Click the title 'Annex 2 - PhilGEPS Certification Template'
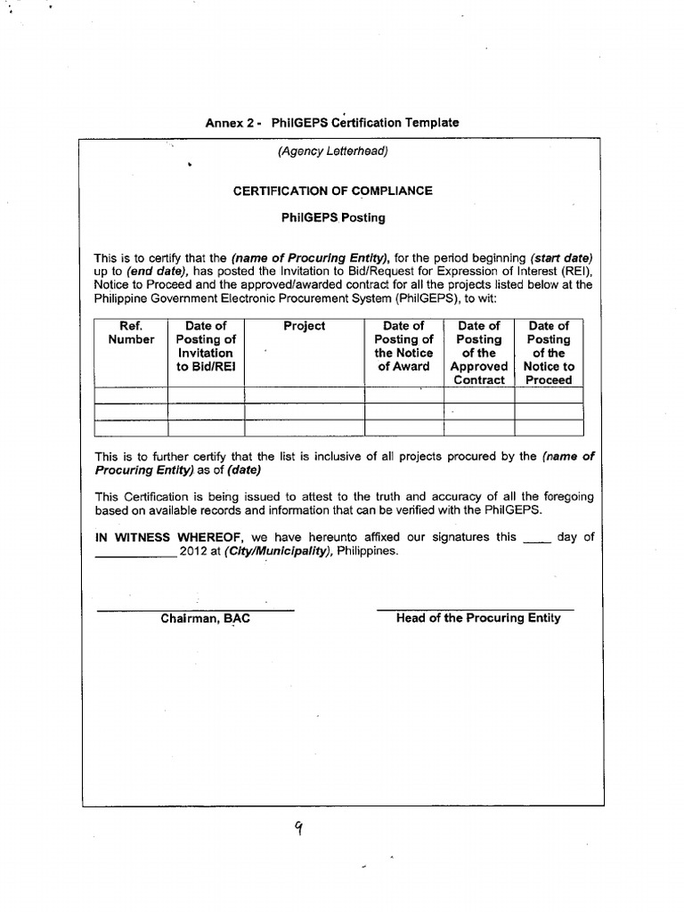click(x=332, y=122)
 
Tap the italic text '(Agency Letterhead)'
click(x=332, y=151)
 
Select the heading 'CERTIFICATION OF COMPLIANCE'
click(x=332, y=191)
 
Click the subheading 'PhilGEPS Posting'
click(x=332, y=217)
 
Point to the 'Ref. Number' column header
click(x=131, y=333)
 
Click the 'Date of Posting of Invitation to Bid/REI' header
click(x=206, y=346)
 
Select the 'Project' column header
click(x=305, y=326)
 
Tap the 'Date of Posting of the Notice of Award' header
click(x=403, y=346)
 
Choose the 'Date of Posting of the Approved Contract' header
click(x=479, y=353)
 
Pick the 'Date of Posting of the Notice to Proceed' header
click(x=549, y=353)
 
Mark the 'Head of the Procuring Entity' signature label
click(x=478, y=617)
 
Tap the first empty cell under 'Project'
click(x=305, y=395)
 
